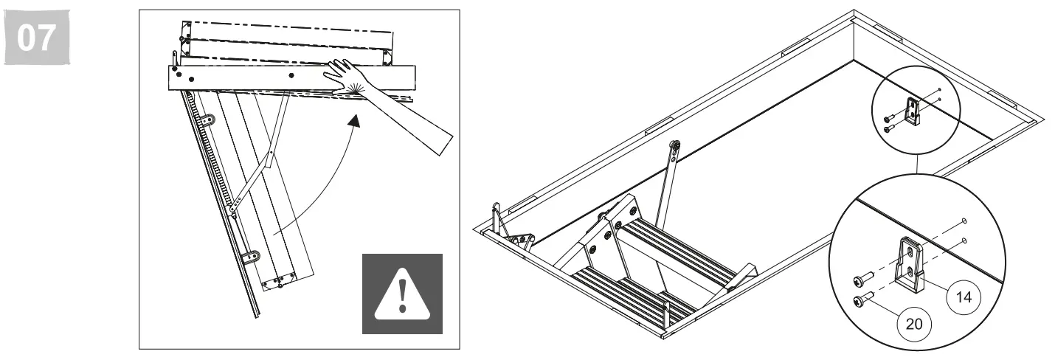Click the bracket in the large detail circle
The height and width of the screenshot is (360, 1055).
click(x=911, y=261)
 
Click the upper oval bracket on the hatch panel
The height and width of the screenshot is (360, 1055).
click(x=210, y=119)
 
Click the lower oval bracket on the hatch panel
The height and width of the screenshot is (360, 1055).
click(x=251, y=257)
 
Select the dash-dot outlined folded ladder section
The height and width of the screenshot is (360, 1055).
click(x=288, y=37)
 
